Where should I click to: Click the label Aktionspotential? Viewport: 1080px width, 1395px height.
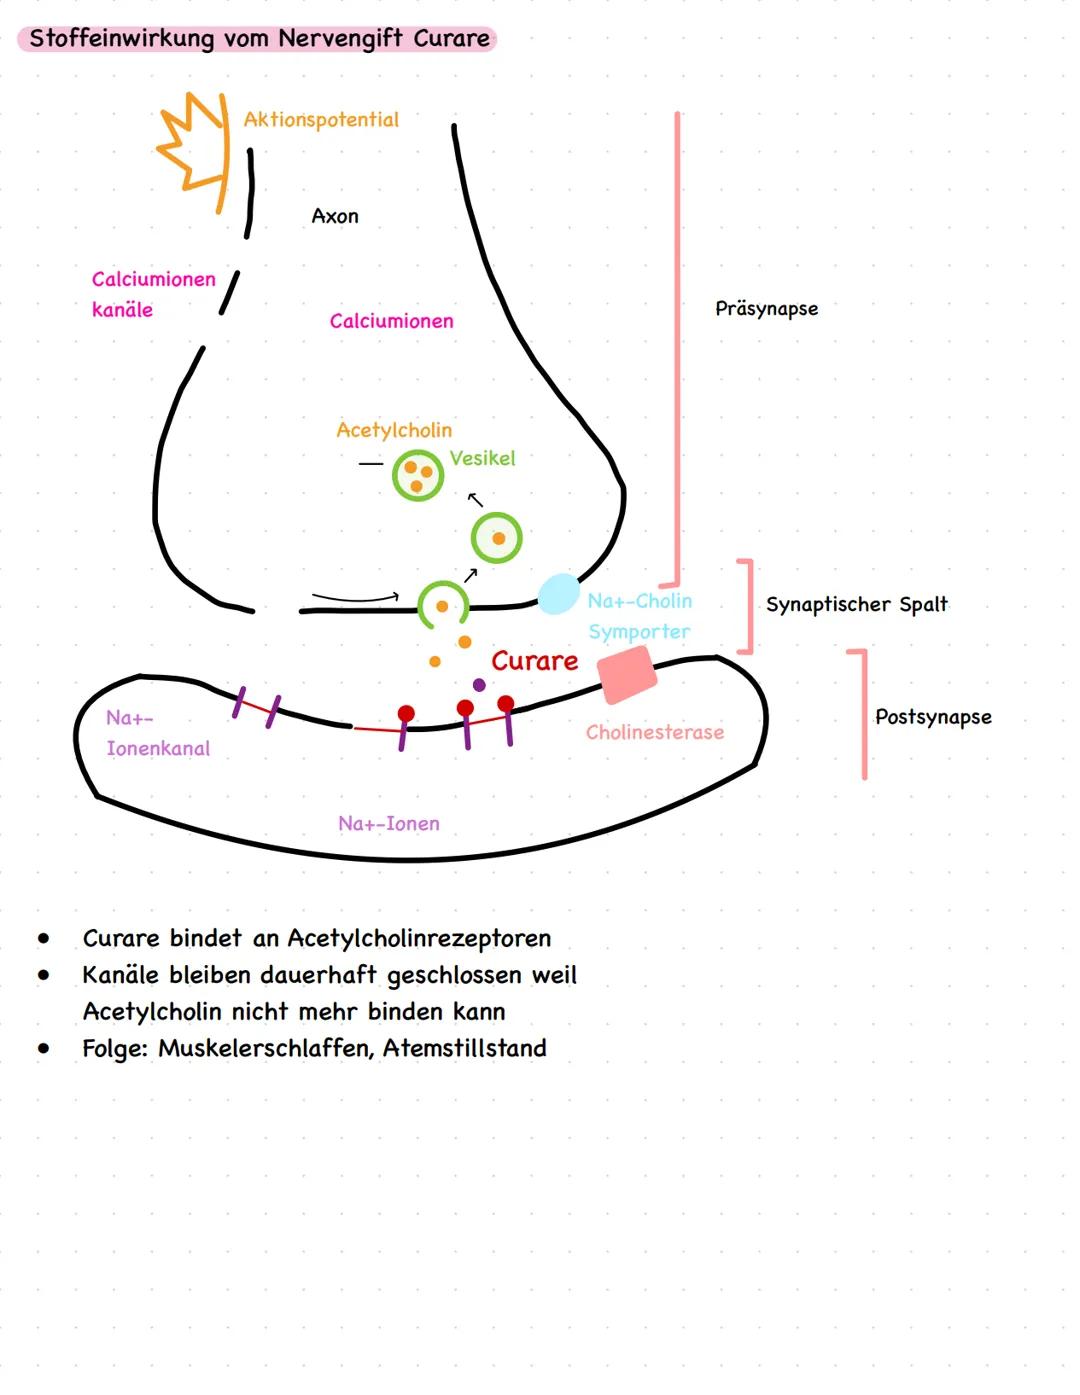(321, 120)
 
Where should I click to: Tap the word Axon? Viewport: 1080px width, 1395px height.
(335, 216)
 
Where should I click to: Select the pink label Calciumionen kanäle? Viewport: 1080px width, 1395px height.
(153, 294)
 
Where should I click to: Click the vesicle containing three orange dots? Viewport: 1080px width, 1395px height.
(417, 475)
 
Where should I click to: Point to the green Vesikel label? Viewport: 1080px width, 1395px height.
(482, 458)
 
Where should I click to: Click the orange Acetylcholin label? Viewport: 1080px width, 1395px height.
(394, 430)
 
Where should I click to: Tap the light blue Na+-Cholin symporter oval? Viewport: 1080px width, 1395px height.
(558, 594)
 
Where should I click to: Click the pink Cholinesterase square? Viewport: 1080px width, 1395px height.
(627, 673)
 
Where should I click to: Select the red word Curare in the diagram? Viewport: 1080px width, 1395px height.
(534, 661)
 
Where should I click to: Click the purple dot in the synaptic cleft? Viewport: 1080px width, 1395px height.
(479, 685)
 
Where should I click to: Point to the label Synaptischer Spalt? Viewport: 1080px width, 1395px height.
(856, 604)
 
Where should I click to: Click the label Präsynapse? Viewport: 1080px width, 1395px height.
(766, 308)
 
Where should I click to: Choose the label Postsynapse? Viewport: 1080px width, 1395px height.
(933, 717)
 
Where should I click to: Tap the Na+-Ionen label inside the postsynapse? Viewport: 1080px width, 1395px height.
(388, 823)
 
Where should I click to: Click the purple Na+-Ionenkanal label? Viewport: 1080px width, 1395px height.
(157, 733)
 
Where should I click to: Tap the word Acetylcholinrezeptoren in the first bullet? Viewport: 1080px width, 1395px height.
(419, 938)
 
